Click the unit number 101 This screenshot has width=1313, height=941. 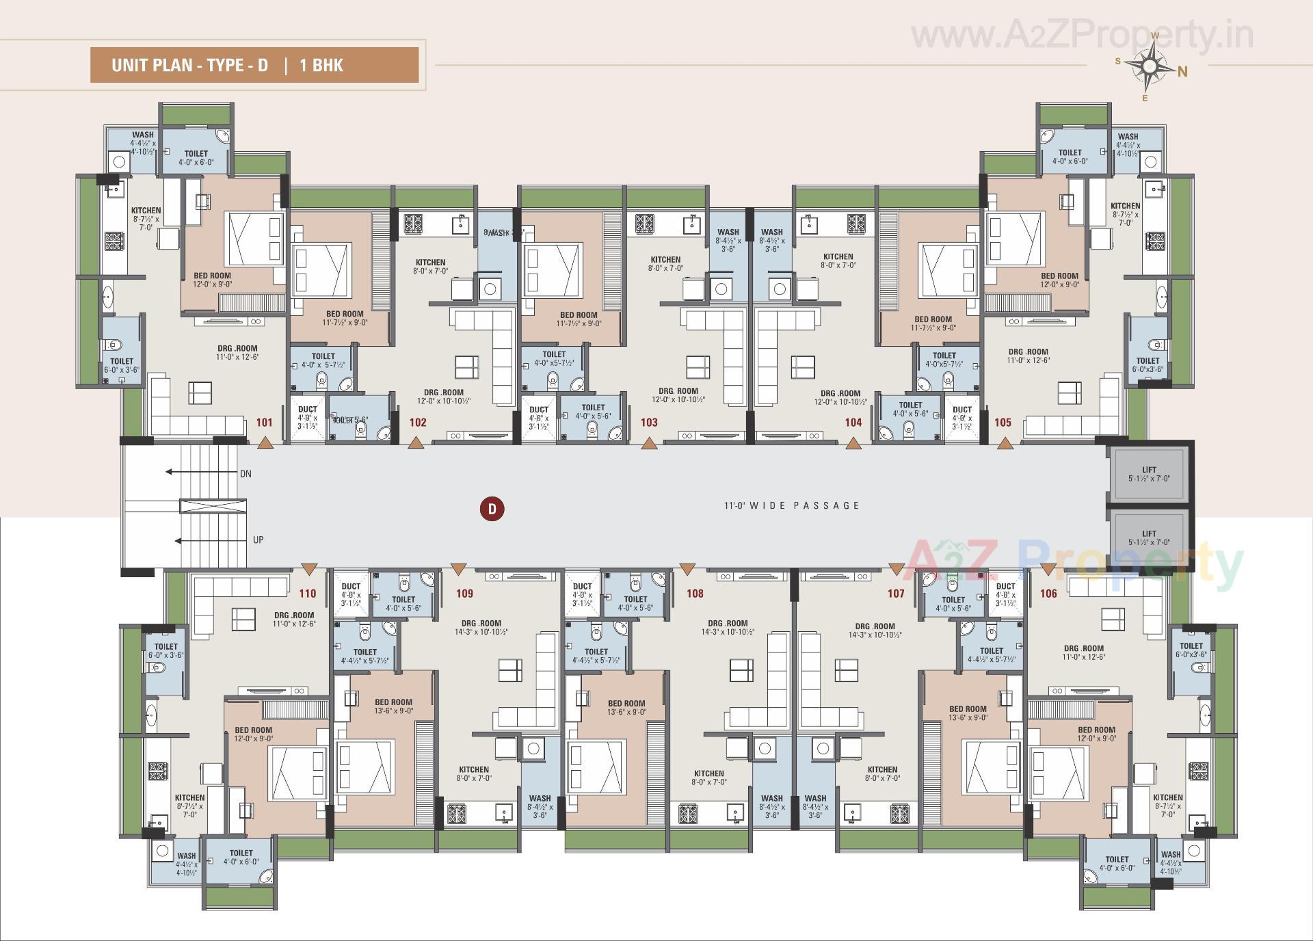click(265, 423)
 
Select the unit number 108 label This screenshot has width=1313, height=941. click(695, 594)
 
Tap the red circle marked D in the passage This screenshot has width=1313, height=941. click(492, 509)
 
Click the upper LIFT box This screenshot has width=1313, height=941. click(1149, 474)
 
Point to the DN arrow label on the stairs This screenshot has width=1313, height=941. click(245, 474)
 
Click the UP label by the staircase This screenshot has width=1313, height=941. click(258, 540)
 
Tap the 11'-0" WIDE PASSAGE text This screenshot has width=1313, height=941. click(792, 505)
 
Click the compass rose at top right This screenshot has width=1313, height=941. click(1150, 66)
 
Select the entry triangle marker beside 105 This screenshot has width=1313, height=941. click(1005, 444)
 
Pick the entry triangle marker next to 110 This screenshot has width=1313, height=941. click(309, 568)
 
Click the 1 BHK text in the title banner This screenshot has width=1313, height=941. click(321, 66)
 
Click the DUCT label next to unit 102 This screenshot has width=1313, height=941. click(308, 410)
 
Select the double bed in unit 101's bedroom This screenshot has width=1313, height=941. click(254, 239)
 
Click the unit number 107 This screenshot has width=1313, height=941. click(896, 594)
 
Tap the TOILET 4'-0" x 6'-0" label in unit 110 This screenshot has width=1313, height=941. click(241, 857)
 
